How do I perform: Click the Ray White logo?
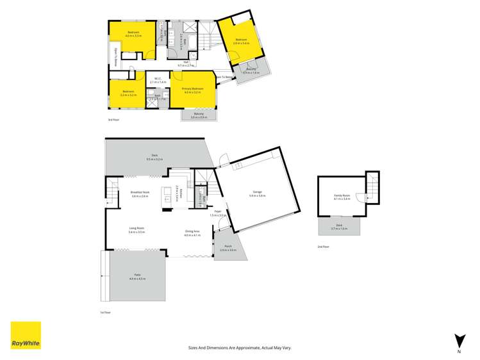[26, 336]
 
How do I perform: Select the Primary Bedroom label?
[193, 90]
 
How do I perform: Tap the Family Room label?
[342, 197]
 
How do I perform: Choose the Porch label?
[228, 248]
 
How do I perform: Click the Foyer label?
[219, 213]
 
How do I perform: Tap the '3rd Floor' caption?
[113, 120]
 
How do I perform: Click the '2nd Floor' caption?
[323, 247]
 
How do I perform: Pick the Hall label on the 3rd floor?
[186, 63]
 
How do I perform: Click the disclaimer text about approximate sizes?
[240, 347]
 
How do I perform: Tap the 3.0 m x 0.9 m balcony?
[199, 115]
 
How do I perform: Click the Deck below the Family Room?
[340, 227]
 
